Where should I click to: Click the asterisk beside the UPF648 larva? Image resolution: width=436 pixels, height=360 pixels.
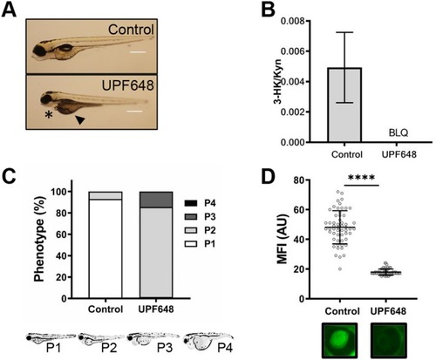point(49,114)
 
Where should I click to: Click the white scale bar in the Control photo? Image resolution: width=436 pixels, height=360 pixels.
point(138,52)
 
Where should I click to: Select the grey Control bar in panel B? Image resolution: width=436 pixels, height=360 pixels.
point(344,105)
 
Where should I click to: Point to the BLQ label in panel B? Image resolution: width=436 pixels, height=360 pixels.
point(399,132)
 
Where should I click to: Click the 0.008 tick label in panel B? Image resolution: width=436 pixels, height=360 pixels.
point(291,21)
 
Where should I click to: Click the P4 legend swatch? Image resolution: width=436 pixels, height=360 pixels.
point(191,203)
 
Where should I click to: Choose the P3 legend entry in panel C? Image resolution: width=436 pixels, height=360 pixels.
point(200,217)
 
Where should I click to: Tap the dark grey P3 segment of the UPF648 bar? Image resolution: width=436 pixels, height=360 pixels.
point(156,200)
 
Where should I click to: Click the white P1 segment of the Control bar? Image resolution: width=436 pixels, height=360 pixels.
point(106,248)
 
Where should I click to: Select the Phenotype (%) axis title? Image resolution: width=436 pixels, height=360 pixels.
point(39,239)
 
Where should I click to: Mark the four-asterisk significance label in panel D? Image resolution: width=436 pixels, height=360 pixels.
point(361,177)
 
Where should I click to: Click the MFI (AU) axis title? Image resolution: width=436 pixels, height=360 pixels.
point(283,239)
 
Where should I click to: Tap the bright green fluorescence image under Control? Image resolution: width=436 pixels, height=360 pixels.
point(339,340)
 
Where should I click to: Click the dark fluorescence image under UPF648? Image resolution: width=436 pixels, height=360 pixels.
point(389,340)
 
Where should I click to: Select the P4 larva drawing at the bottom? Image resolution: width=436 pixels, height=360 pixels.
point(208,343)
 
